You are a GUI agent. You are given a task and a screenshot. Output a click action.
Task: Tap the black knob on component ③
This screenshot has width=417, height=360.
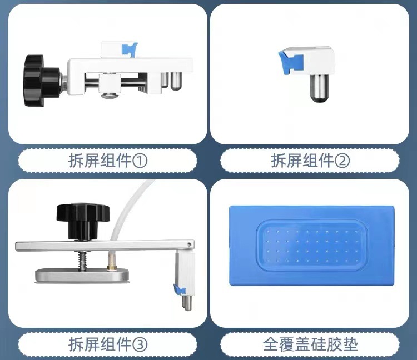80,221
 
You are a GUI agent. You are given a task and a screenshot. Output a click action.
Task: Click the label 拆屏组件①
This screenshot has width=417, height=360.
108,161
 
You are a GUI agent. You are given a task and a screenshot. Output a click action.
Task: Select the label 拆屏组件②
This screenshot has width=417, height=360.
310,161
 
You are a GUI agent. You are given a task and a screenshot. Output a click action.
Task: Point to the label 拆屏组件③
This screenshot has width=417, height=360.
108,344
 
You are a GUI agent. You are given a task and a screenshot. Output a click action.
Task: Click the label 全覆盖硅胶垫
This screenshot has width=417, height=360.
310,344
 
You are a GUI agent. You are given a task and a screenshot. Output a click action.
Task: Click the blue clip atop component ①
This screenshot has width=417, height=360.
130,49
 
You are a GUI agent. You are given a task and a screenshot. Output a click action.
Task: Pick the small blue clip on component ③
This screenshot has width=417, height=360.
178,289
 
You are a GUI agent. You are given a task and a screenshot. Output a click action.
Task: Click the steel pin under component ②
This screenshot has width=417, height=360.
319,88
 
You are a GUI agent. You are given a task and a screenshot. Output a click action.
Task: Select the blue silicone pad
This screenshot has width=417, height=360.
311,246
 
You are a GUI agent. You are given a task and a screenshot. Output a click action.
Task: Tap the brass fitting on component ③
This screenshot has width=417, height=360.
111,262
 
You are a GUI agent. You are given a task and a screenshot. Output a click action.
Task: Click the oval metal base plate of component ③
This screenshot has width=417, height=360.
82,275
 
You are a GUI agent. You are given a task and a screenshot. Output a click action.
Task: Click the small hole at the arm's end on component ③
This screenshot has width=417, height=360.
189,244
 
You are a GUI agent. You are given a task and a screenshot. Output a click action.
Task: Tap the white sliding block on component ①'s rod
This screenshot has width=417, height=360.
110,83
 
